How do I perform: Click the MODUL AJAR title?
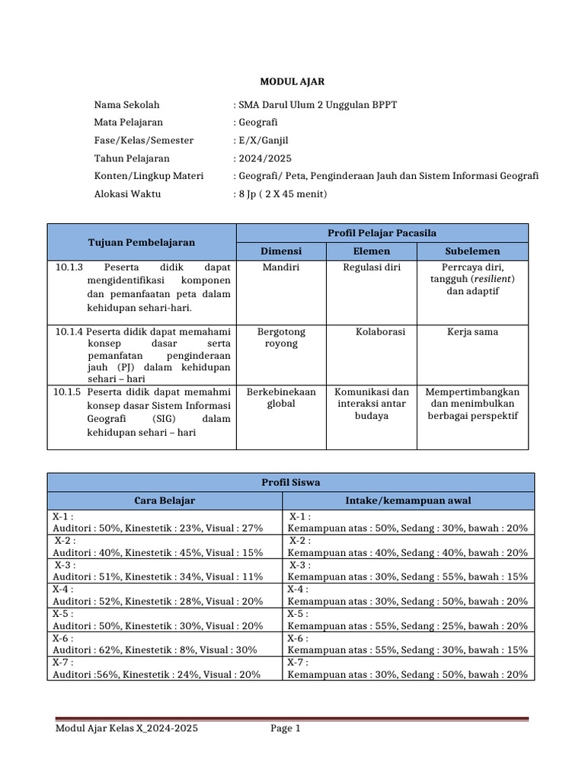click(292, 82)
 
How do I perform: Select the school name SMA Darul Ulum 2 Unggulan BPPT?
click(318, 105)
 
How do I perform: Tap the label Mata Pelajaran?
click(128, 123)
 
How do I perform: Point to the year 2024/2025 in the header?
click(265, 158)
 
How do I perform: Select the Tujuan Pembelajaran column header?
click(142, 242)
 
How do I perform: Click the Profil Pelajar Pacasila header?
click(382, 233)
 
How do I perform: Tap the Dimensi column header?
click(281, 251)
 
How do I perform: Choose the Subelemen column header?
click(472, 251)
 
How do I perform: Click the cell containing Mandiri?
click(281, 268)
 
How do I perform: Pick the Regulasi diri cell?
click(372, 268)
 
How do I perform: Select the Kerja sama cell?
click(472, 332)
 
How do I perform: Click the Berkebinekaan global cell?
click(281, 398)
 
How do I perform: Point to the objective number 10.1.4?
click(69, 332)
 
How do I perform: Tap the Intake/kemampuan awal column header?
click(408, 500)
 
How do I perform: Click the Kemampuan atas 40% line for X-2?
click(408, 553)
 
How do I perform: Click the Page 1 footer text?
click(286, 729)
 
